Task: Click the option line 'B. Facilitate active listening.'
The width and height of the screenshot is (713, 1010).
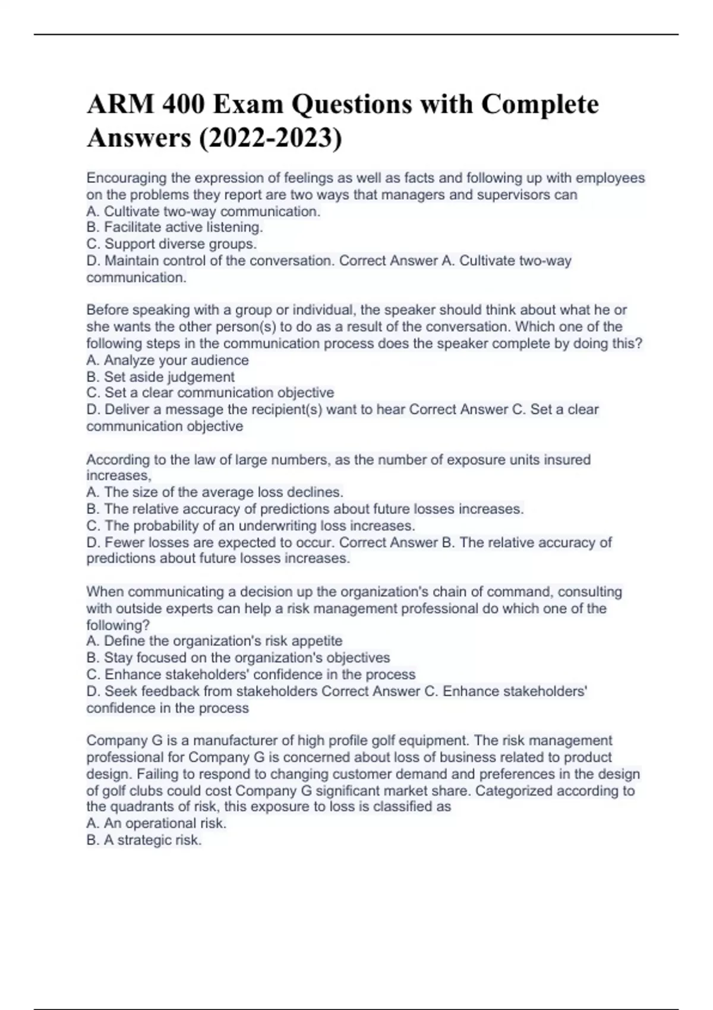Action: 174,227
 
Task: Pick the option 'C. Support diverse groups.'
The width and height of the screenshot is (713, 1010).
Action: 171,244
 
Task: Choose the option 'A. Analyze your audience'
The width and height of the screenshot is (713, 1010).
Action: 167,360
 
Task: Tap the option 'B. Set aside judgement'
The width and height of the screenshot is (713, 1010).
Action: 160,377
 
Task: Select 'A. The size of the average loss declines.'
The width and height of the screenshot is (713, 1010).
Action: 214,492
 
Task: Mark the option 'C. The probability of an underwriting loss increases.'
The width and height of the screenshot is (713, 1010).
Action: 250,526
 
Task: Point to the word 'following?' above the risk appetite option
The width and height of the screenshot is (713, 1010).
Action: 118,625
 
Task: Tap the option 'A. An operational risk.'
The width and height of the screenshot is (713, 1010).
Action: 156,823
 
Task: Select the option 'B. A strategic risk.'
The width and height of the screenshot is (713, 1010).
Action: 144,839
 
